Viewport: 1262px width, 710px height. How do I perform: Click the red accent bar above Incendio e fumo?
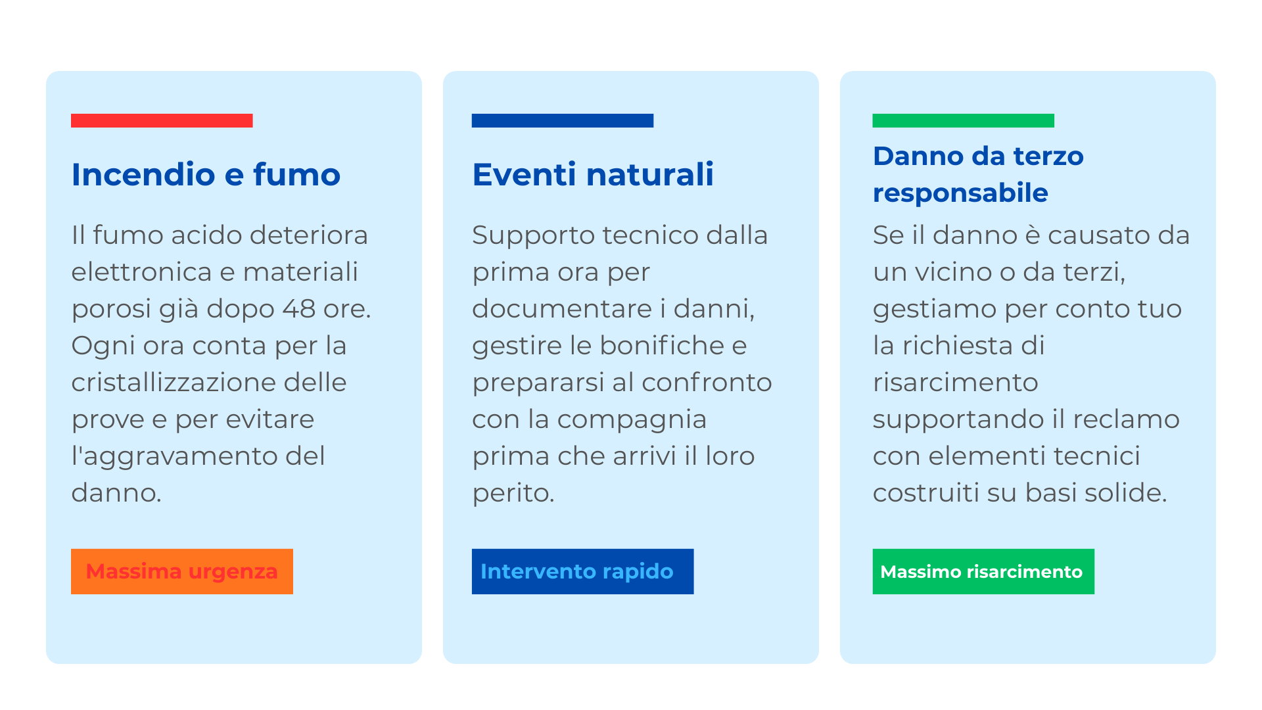coord(162,120)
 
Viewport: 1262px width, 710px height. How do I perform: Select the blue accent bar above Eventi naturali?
coord(563,120)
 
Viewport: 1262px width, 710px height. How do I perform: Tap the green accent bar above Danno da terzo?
coord(963,120)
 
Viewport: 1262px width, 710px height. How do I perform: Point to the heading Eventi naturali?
coord(593,174)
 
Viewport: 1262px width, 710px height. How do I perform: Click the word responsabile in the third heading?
coord(960,193)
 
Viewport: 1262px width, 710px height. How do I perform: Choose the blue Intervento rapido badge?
coord(582,571)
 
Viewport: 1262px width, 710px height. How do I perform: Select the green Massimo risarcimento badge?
coord(983,571)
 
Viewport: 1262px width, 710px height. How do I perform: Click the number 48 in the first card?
coord(299,309)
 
